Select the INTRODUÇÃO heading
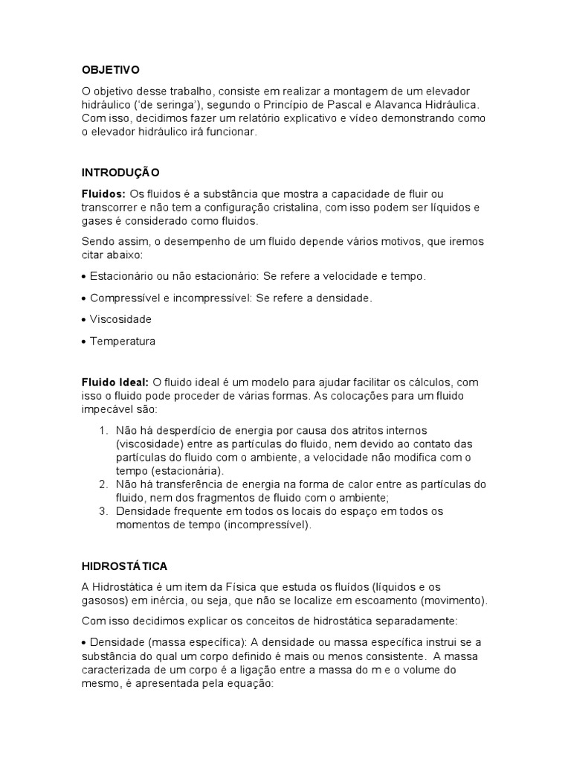click(x=120, y=173)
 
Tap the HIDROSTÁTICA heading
click(x=126, y=566)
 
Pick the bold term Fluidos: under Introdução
click(x=103, y=193)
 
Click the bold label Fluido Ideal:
click(x=115, y=382)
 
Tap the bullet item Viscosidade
click(x=120, y=319)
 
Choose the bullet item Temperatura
click(x=123, y=342)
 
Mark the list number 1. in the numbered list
click(x=103, y=430)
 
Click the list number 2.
click(x=103, y=484)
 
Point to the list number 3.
click(x=103, y=511)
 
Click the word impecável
click(x=109, y=409)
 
